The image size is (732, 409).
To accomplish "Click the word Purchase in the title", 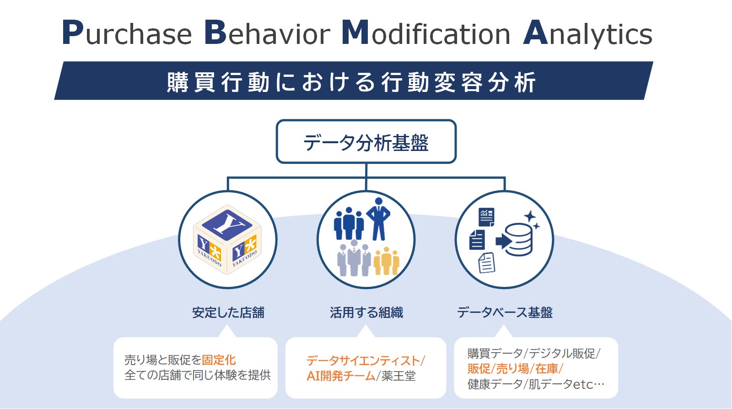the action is tap(127, 33).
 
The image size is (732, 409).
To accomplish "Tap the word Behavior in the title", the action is tap(267, 33).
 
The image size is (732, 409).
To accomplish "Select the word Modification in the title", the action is tap(426, 33).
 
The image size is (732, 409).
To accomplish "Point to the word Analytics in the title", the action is tap(587, 33).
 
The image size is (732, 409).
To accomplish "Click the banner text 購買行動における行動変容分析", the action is tap(351, 82).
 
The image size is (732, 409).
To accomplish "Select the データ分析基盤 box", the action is tap(366, 142).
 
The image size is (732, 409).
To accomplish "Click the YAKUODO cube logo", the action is tap(227, 240).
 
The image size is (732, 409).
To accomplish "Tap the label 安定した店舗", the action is tap(228, 312).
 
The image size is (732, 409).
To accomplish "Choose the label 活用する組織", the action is tap(366, 312).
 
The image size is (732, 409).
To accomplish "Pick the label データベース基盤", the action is tap(505, 312).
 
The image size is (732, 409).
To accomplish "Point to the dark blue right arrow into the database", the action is tap(502, 241).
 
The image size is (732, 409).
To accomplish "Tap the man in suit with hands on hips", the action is tap(378, 218).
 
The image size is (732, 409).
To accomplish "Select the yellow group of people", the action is tap(386, 261).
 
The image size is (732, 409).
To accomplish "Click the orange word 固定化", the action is tap(219, 360).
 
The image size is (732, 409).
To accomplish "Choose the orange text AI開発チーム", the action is tap(340, 376).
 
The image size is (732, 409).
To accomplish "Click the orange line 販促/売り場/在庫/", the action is tap(515, 369).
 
